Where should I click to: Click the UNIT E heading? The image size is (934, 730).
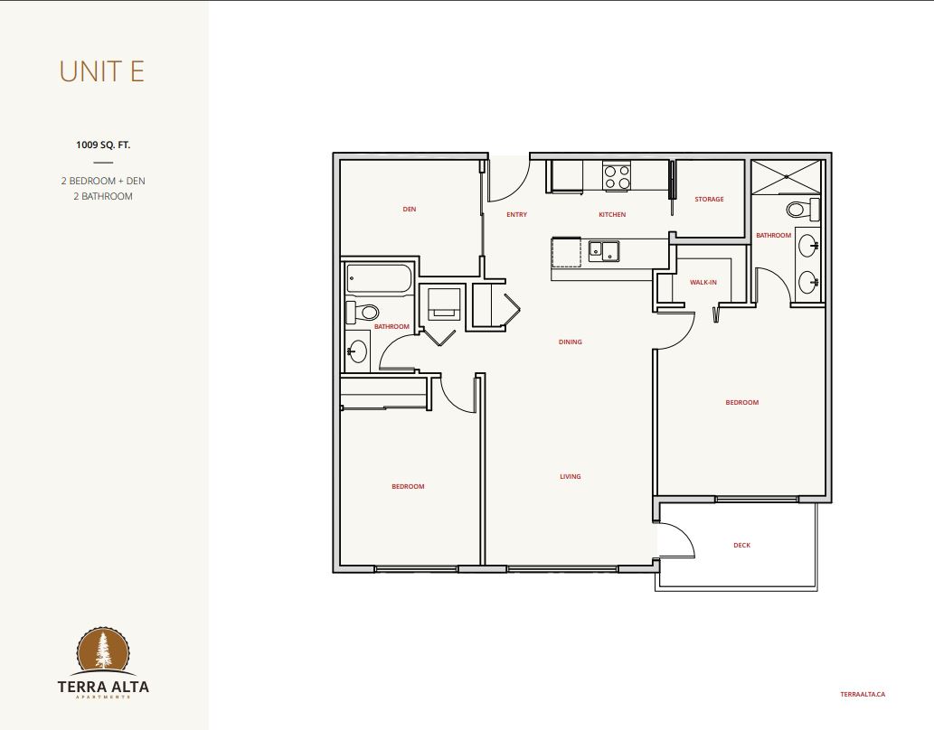(102, 71)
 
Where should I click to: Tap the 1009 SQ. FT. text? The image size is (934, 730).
(103, 145)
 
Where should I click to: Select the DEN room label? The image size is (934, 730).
(410, 209)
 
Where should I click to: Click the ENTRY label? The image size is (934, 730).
(516, 214)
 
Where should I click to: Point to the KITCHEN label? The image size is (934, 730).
(612, 214)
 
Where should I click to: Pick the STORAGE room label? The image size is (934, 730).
(709, 199)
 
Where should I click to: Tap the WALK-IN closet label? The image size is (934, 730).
(703, 282)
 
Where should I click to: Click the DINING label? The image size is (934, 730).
(570, 342)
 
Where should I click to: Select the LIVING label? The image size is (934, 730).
(570, 476)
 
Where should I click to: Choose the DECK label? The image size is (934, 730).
(741, 545)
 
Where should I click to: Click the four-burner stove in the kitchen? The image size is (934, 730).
(617, 175)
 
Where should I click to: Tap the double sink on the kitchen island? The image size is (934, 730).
(604, 251)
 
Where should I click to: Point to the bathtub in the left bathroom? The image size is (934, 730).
(380, 279)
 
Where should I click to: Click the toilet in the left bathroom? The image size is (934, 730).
(363, 312)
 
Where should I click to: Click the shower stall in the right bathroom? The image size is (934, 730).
(787, 176)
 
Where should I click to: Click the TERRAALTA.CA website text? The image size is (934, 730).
(863, 694)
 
